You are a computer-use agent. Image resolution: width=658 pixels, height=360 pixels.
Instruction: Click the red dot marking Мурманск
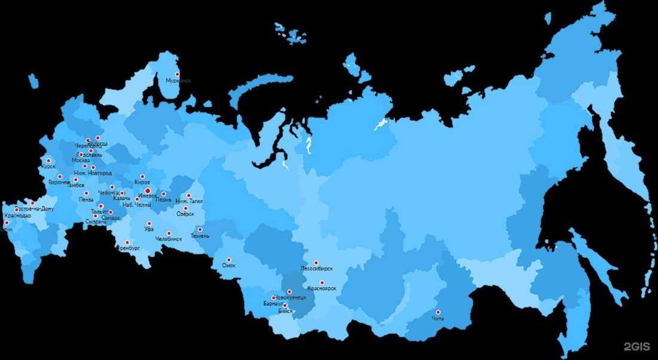click(x=177, y=74)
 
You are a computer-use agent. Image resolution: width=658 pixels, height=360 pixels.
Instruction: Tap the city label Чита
click(x=438, y=319)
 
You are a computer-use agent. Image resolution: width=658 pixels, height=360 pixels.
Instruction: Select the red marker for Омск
click(x=229, y=260)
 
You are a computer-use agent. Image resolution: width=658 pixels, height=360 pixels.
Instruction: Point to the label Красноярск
click(x=321, y=289)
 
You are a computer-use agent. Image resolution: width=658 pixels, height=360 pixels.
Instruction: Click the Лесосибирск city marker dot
click(x=316, y=263)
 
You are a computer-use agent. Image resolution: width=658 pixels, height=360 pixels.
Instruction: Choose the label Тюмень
click(x=200, y=236)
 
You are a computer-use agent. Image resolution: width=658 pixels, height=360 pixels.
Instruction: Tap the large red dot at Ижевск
click(x=147, y=191)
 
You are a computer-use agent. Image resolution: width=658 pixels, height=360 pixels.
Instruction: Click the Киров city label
click(x=142, y=182)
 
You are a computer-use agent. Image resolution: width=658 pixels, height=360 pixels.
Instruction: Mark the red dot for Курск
click(x=48, y=160)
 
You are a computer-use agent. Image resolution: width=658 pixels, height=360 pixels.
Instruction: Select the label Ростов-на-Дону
click(x=33, y=209)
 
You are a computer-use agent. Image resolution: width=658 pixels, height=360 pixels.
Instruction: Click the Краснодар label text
click(x=17, y=216)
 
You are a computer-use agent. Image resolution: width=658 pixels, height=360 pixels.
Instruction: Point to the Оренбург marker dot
click(x=127, y=243)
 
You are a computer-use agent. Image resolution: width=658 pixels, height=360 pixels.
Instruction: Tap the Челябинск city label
click(x=168, y=239)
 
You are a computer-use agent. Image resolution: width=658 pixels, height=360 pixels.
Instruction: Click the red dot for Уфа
click(x=149, y=224)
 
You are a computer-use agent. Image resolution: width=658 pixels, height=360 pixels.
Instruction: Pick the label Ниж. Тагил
click(x=189, y=202)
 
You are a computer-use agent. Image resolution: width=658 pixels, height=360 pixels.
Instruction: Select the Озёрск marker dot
click(x=185, y=208)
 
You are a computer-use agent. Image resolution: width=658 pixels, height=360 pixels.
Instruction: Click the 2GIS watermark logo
click(x=636, y=346)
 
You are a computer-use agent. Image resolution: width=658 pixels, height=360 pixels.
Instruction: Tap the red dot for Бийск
click(x=285, y=306)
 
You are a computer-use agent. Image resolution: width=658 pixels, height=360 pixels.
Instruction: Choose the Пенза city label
click(x=86, y=200)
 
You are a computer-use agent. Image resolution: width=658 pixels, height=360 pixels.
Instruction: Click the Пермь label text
click(x=163, y=199)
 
